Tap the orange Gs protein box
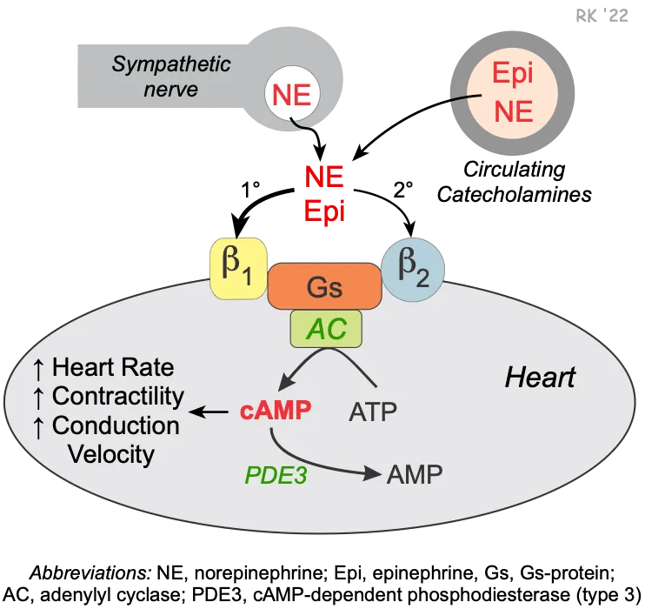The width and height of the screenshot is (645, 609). (323, 286)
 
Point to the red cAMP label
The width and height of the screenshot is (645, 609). (275, 411)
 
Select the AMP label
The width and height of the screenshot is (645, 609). (415, 474)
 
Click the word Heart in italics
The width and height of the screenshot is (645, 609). (540, 378)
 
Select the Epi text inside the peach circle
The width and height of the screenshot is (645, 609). (512, 74)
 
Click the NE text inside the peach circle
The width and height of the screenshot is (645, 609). (512, 111)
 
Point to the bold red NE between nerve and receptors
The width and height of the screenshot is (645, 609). (324, 177)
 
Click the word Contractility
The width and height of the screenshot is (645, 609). (118, 397)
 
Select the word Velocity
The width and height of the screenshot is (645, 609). (111, 453)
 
